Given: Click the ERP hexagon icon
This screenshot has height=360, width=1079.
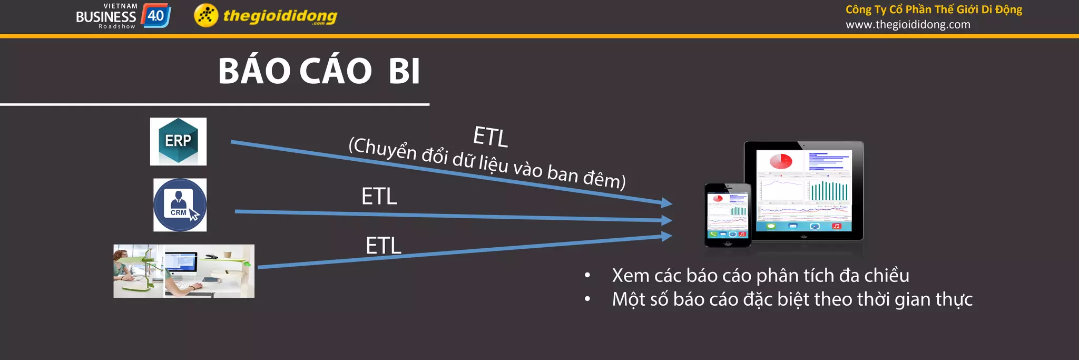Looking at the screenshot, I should (x=178, y=141).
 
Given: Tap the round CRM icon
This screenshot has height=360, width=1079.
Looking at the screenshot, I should (x=180, y=205).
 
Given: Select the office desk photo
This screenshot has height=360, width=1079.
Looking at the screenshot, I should (x=184, y=271).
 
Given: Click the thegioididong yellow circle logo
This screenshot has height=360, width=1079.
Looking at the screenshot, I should (x=206, y=15).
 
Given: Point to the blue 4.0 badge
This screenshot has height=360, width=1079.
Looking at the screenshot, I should (x=156, y=16).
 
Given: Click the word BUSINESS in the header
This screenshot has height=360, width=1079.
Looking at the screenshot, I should (x=106, y=17).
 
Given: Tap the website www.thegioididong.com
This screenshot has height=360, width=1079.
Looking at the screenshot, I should (x=908, y=24).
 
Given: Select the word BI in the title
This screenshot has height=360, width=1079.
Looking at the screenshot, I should (x=404, y=71).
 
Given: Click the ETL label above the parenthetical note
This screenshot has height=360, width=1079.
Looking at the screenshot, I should (x=490, y=137).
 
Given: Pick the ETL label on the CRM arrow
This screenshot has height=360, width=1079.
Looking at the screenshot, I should (x=379, y=197).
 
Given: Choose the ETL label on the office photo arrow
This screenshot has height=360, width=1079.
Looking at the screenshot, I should (x=384, y=246).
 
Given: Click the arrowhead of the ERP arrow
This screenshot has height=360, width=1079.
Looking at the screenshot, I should (x=667, y=202).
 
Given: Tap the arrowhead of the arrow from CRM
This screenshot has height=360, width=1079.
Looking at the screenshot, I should (x=667, y=220).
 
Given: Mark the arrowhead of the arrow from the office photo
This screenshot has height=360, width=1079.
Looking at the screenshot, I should (x=667, y=237).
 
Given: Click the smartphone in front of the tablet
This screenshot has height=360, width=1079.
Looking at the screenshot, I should (x=728, y=214).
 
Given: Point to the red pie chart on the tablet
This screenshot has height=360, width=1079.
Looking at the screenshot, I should (x=781, y=161).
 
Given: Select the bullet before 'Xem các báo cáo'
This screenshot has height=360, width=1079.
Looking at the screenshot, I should (x=587, y=275).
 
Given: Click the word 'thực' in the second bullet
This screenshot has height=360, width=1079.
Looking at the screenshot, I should (x=954, y=299).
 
